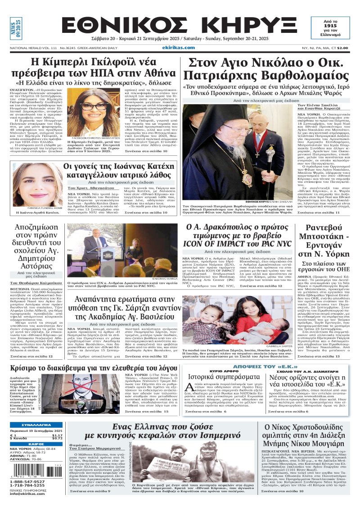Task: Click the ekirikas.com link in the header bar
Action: click(x=179, y=47)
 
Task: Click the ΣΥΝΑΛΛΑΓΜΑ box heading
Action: click(x=36, y=425)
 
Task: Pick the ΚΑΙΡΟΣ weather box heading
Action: click(x=36, y=444)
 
